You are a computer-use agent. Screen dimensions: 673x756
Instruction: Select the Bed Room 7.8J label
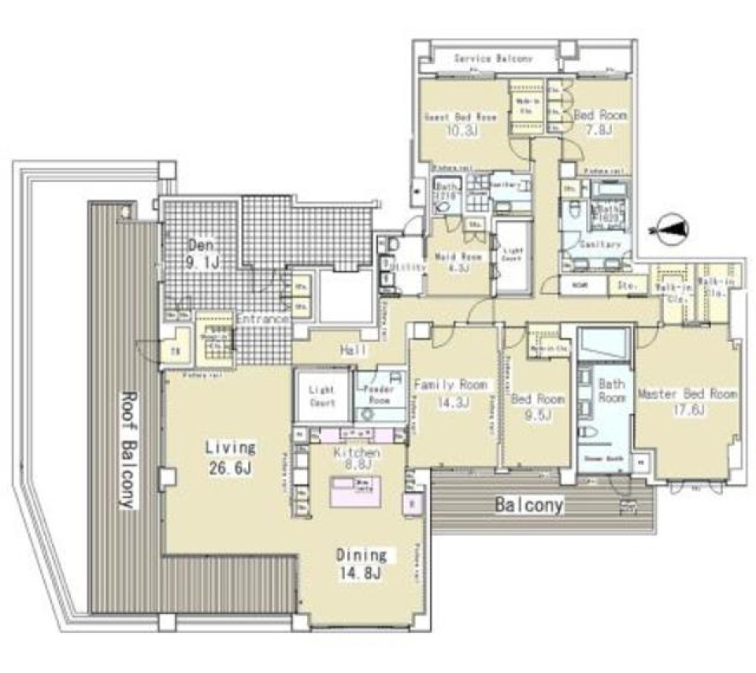601,122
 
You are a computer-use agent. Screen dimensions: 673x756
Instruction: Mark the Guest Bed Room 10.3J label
461,124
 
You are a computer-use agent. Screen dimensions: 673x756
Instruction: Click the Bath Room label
611,391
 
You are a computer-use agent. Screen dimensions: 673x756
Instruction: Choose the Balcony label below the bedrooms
528,505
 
